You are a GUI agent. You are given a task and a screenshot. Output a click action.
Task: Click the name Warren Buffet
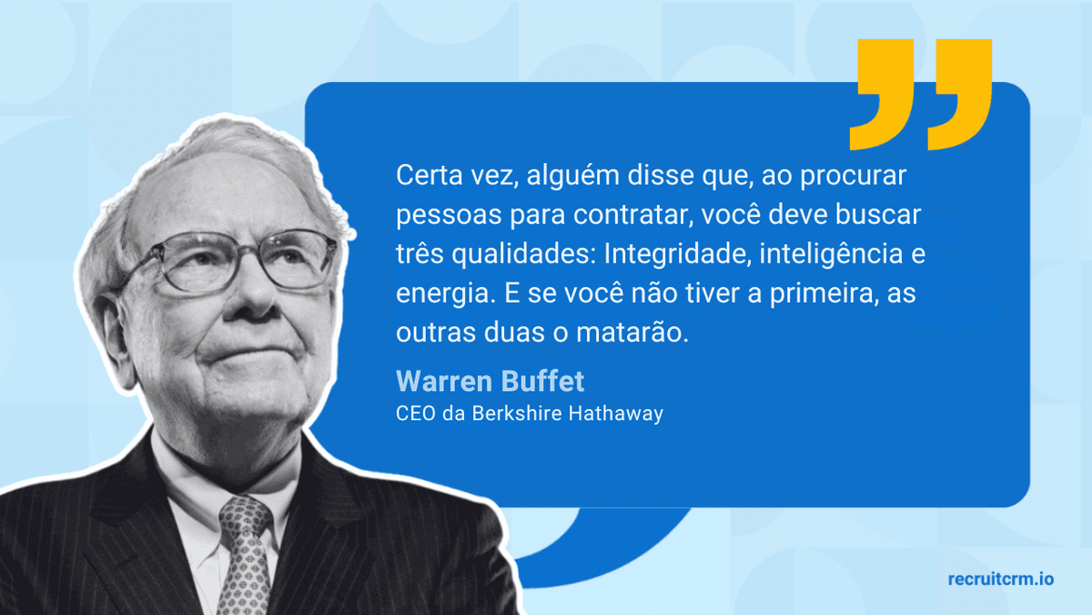click(x=490, y=380)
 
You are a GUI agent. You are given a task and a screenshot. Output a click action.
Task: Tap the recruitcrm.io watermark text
click(x=1000, y=579)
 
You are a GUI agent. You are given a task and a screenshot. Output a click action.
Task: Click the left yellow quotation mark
click(x=881, y=96)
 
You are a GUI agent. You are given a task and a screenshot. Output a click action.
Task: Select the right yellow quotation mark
click(x=959, y=96)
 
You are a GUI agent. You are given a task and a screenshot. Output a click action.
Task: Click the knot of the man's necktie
click(x=244, y=518)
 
